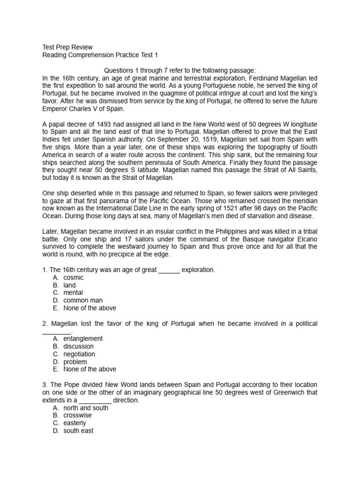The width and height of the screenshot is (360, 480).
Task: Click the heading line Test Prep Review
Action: [67, 47]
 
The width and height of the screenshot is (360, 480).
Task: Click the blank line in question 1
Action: [169, 270]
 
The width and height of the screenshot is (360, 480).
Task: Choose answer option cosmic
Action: [74, 277]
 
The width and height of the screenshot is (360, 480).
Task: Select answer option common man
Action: [83, 300]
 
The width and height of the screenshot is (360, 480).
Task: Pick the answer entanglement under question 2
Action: [83, 338]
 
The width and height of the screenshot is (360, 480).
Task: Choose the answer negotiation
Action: [79, 354]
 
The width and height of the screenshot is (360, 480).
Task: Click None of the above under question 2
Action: [90, 369]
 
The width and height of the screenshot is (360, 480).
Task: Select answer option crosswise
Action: [78, 415]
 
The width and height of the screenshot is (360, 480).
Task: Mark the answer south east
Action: [78, 431]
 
